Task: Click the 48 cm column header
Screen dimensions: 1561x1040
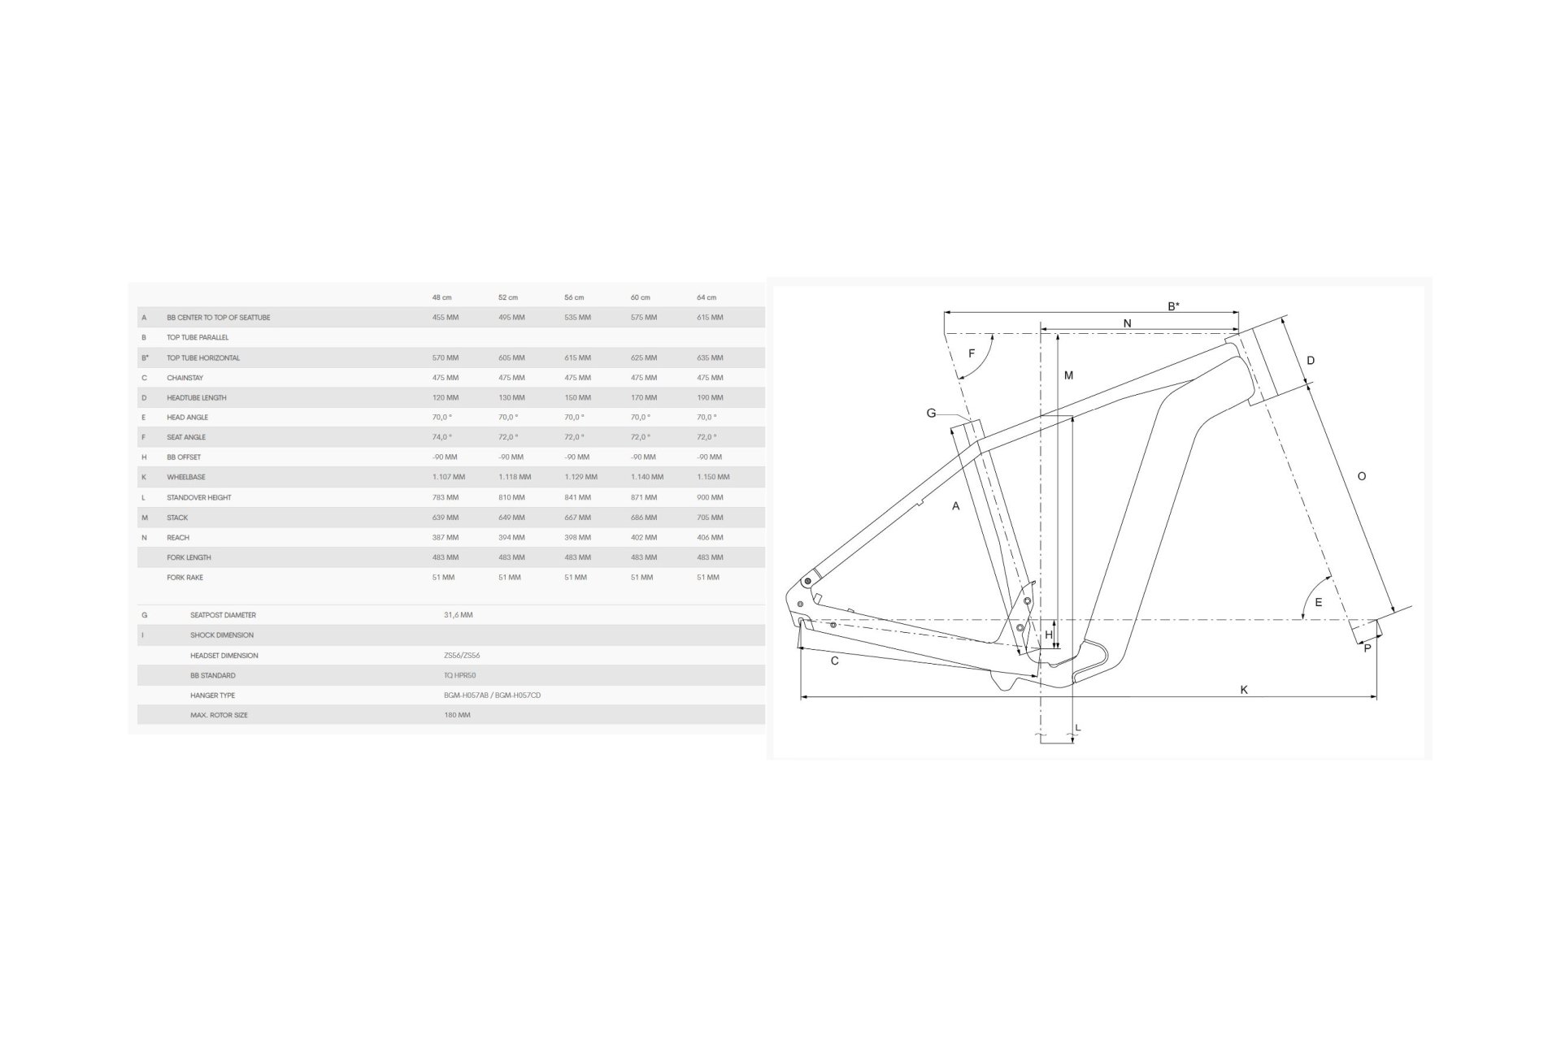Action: [441, 297]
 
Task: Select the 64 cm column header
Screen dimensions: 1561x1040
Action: [707, 297]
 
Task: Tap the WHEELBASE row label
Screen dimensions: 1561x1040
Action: [186, 477]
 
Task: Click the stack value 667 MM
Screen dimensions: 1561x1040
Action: [578, 518]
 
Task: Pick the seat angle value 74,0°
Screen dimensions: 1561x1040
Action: [442, 437]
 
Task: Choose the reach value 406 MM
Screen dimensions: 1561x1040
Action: [710, 537]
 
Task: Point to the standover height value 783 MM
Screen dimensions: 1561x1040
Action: [446, 497]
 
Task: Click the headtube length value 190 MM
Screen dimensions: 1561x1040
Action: [710, 397]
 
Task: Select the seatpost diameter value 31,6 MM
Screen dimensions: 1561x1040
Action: [459, 615]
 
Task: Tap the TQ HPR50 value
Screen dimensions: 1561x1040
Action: [460, 675]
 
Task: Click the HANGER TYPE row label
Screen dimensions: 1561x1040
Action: [213, 695]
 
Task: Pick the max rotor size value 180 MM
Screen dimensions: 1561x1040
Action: [458, 715]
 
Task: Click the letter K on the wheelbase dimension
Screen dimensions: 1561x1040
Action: [1244, 690]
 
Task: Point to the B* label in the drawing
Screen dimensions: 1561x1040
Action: [1174, 306]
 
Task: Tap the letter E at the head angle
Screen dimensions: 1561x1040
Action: [1319, 602]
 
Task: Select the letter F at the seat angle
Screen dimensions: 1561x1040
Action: [972, 353]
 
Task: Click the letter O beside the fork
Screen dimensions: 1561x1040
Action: [1362, 476]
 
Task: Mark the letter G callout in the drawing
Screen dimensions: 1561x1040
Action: [932, 413]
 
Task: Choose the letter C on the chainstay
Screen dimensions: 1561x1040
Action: [835, 661]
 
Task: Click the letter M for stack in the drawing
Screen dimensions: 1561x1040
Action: [1068, 375]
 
